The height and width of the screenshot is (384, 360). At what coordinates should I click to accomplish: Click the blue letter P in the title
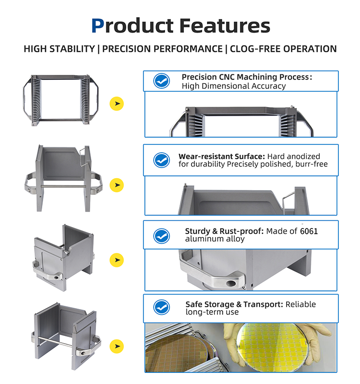pyautogui.click(x=98, y=25)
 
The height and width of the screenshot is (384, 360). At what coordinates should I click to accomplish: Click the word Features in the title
pyautogui.click(x=225, y=25)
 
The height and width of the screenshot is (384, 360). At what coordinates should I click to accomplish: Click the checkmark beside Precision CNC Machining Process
pyautogui.click(x=162, y=81)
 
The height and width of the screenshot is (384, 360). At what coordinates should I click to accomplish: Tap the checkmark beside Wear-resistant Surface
pyautogui.click(x=162, y=160)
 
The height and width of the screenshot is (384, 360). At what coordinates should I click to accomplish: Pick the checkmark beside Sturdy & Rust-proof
pyautogui.click(x=162, y=236)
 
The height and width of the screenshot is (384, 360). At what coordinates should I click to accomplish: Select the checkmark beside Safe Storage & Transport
pyautogui.click(x=162, y=307)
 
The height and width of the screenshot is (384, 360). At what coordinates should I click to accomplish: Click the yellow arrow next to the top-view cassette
pyautogui.click(x=117, y=104)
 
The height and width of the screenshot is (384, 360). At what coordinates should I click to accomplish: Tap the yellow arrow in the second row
pyautogui.click(x=117, y=185)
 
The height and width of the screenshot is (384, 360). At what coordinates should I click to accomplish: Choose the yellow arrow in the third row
pyautogui.click(x=117, y=260)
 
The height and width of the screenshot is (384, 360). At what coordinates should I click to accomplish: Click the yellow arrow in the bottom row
pyautogui.click(x=117, y=346)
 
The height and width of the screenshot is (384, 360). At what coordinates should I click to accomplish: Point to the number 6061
pyautogui.click(x=309, y=231)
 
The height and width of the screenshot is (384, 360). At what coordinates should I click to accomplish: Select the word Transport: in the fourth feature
pyautogui.click(x=263, y=304)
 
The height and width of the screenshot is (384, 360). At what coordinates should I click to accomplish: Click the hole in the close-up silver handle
pyautogui.click(x=231, y=284)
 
